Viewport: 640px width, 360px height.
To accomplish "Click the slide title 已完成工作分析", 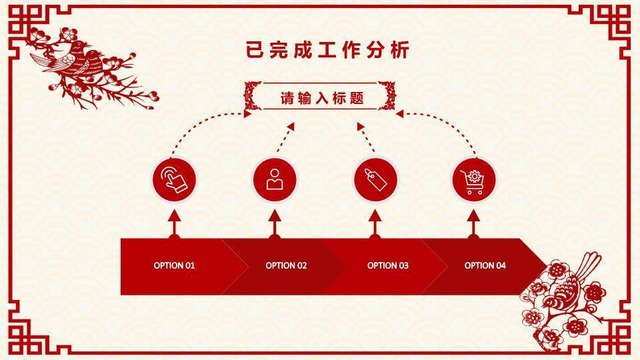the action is [327, 50].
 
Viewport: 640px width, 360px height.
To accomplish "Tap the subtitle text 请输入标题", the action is [321, 98].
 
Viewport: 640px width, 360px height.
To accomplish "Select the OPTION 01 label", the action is [174, 265].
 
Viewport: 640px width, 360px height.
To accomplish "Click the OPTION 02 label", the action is [286, 265].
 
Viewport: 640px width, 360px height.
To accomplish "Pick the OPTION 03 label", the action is [388, 265].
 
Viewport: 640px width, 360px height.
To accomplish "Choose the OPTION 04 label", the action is [485, 265].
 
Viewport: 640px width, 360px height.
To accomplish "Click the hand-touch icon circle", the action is [174, 179].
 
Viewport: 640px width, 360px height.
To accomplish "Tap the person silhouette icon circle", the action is [275, 179].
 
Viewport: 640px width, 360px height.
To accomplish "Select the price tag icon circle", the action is [375, 179].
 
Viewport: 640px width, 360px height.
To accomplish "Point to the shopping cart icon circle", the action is [473, 179].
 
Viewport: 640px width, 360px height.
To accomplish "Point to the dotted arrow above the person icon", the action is [285, 137].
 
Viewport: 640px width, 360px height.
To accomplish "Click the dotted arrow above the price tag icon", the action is [366, 137].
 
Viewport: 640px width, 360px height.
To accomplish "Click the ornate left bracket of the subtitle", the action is [253, 96].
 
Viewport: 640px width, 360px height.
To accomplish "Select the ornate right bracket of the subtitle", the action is [387, 96].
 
